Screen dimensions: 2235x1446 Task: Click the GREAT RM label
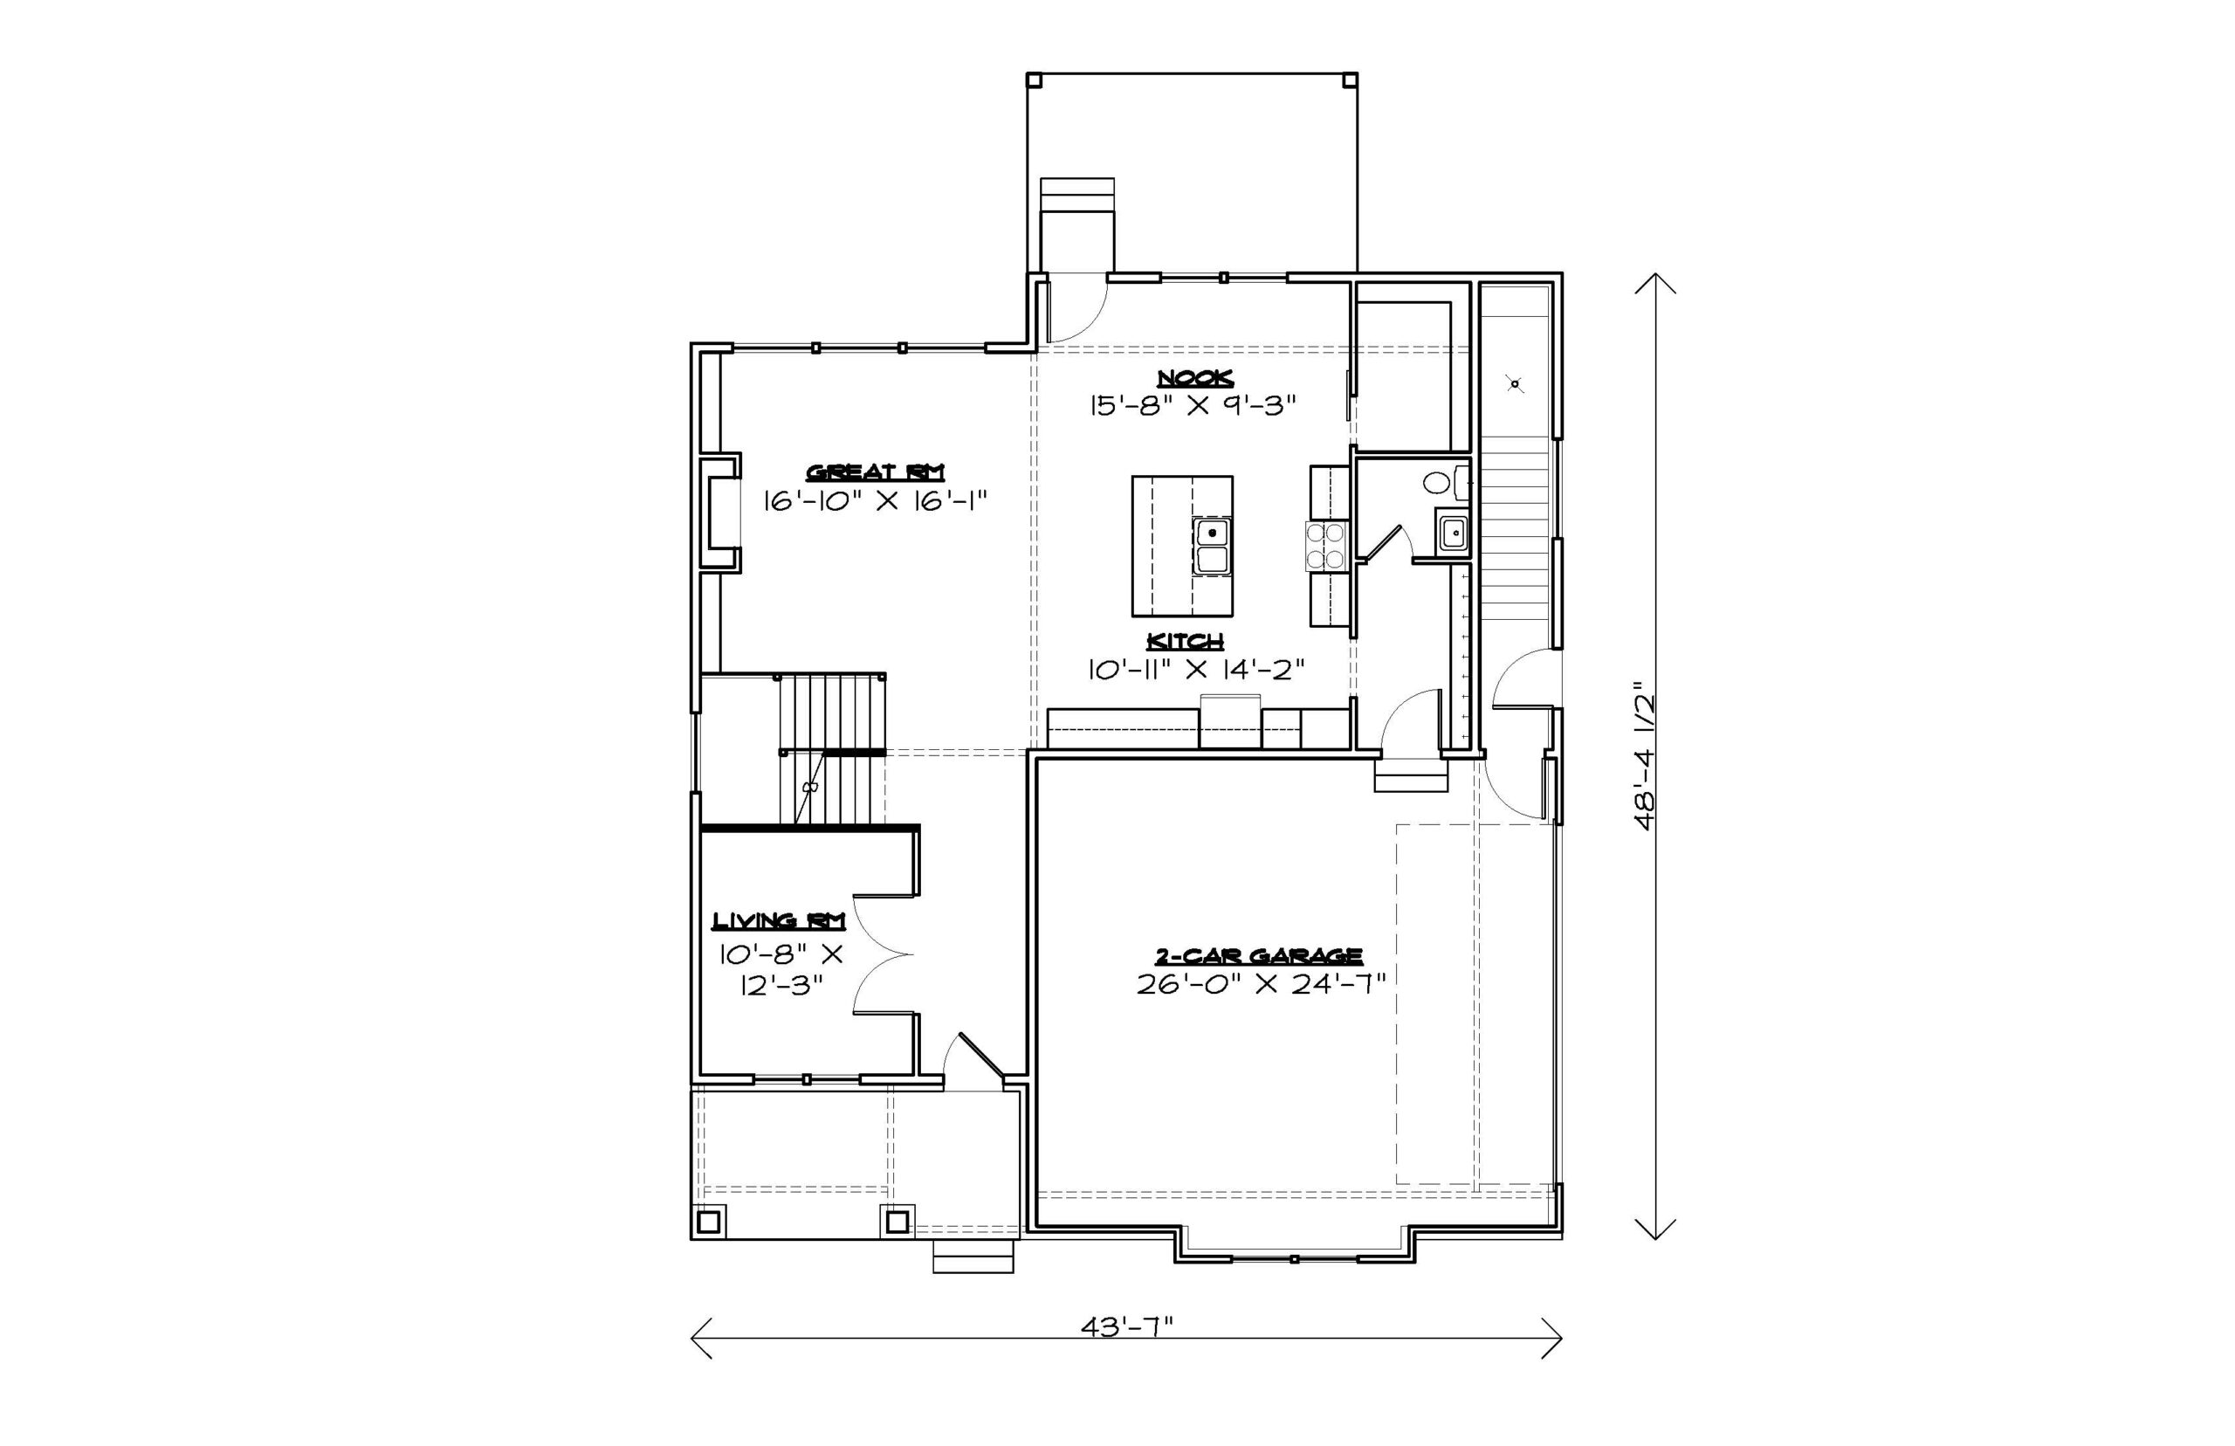click(875, 472)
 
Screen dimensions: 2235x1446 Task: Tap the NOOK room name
click(1194, 377)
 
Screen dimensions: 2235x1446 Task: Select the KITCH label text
click(1186, 641)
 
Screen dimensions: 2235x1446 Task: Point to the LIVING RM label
click(779, 920)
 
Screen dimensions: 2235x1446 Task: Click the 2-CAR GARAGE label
click(1258, 956)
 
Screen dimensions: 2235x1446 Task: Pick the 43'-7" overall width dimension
click(1126, 1325)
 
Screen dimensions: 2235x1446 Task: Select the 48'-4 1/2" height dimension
click(1644, 755)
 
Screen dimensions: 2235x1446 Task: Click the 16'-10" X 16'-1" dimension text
click(875, 500)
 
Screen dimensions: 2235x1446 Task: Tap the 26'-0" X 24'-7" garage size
click(1261, 984)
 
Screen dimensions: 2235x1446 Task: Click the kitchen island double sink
click(1212, 546)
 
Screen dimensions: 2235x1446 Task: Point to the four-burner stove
click(1325, 546)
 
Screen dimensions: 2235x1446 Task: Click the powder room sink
click(1453, 534)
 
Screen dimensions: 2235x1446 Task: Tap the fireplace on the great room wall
click(719, 513)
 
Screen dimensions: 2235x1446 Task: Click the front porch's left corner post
click(709, 1222)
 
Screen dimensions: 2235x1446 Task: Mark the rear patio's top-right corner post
click(1350, 79)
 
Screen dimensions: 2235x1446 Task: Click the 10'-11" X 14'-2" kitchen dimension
click(1196, 670)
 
